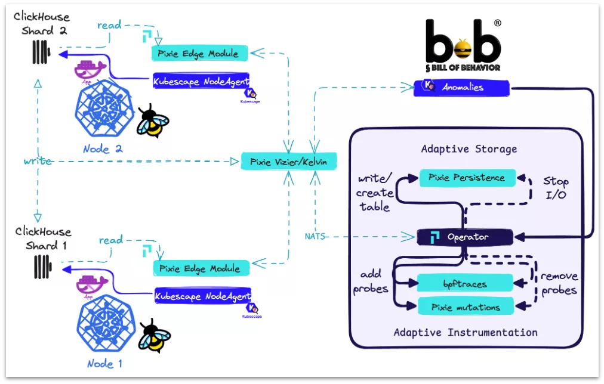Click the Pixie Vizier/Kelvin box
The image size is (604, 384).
[289, 161]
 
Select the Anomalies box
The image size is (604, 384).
[463, 87]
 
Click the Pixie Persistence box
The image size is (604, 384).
[466, 178]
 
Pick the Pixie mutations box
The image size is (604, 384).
[466, 308]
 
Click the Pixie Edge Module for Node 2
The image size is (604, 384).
[198, 54]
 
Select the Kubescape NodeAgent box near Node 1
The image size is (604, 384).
[202, 295]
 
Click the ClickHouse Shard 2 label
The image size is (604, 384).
[41, 24]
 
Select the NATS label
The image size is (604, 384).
[314, 236]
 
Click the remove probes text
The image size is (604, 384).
[559, 283]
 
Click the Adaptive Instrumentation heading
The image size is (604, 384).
[465, 332]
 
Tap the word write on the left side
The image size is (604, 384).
[37, 162]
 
